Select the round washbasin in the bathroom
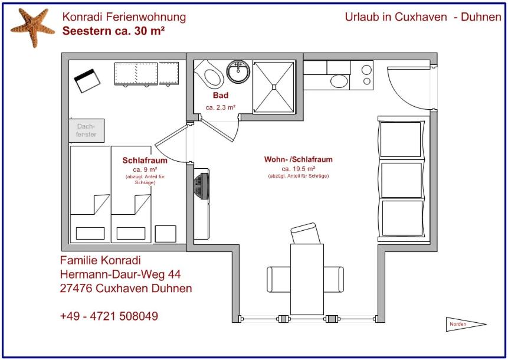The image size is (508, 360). tap(238, 71)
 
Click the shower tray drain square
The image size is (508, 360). tap(274, 87)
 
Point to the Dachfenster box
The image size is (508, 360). tap(87, 130)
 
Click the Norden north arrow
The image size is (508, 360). tap(466, 324)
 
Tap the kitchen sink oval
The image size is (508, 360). tap(339, 81)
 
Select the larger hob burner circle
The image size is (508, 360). tap(366, 70)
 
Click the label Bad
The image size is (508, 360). tap(221, 95)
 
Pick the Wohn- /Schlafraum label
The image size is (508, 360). tap(299, 159)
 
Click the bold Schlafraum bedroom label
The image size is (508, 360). tap(145, 161)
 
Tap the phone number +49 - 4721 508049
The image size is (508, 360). tap(109, 316)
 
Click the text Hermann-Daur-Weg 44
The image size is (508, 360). tap(120, 274)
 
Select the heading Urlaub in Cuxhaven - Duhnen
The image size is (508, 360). tap(423, 17)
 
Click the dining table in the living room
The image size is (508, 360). tap(307, 279)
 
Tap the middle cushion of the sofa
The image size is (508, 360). tap(401, 180)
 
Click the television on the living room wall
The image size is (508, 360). tap(202, 186)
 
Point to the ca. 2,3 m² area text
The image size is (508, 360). tap(221, 107)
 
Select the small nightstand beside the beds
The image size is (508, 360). tap(166, 234)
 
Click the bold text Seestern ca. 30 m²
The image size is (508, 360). tap(114, 31)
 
